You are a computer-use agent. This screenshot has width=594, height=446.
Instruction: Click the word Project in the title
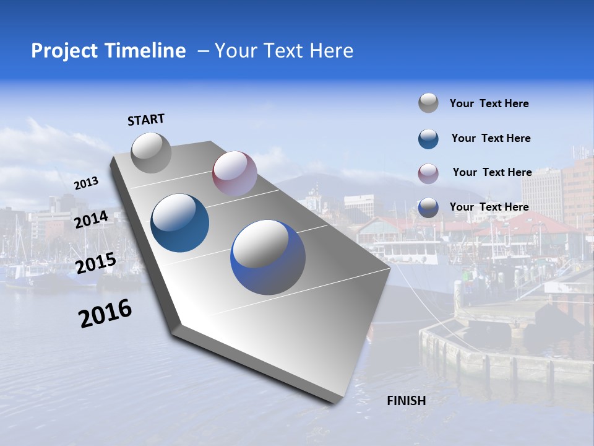click(62, 51)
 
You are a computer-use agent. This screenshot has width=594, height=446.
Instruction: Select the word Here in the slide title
click(330, 51)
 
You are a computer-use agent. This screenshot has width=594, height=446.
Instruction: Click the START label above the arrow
click(146, 120)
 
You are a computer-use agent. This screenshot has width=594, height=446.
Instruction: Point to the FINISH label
click(406, 401)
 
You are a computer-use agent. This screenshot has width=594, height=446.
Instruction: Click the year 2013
click(86, 183)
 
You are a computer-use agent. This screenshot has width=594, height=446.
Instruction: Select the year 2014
click(92, 219)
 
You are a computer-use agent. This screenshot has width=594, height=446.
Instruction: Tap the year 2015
click(95, 263)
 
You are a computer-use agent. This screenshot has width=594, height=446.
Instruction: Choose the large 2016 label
click(105, 313)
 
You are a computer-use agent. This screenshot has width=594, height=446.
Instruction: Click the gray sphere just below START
click(151, 152)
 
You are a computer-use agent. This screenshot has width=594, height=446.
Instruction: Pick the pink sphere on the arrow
click(235, 173)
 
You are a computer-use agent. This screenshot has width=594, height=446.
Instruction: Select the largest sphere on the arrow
click(268, 257)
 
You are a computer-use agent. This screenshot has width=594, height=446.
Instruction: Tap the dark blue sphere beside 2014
click(180, 223)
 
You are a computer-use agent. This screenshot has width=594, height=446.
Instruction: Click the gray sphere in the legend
click(428, 103)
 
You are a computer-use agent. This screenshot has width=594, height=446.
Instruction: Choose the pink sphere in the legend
click(428, 173)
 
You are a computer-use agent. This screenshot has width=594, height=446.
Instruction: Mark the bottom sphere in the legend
click(428, 208)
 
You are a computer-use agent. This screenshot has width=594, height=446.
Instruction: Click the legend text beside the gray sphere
click(489, 103)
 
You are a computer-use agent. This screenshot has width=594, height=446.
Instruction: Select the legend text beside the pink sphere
click(492, 172)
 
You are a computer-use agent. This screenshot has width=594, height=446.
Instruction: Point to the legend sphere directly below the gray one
click(428, 138)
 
